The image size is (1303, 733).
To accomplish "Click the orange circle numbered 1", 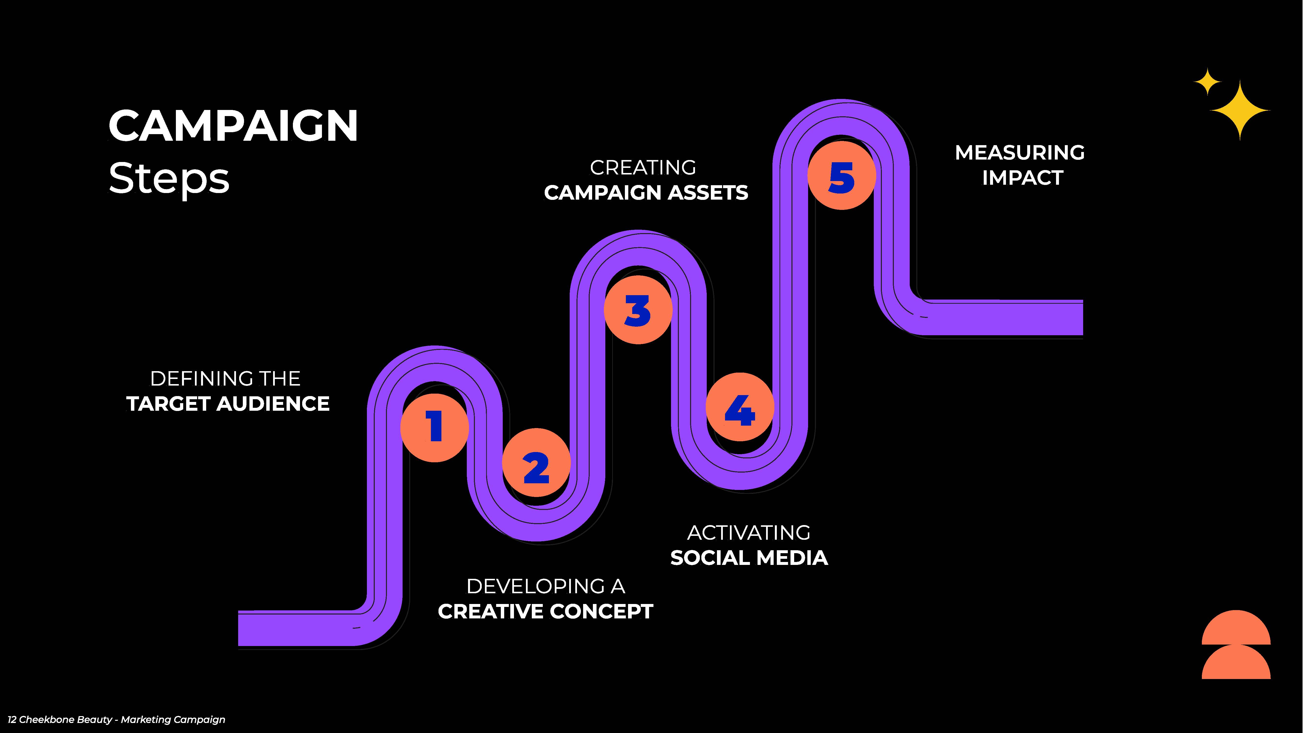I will click(435, 427).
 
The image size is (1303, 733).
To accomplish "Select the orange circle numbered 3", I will click(638, 310).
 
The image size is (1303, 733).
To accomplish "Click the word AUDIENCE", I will click(273, 404).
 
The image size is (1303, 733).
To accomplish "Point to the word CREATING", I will click(643, 167).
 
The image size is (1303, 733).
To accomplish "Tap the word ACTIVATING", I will click(749, 533).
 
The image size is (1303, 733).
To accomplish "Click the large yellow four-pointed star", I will click(1240, 110).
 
